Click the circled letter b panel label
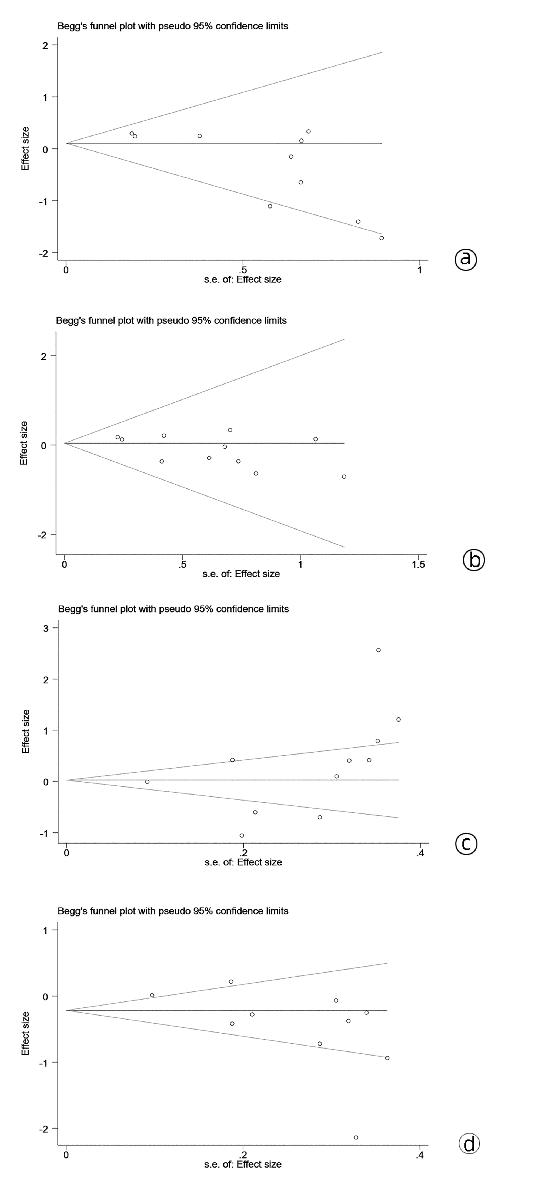tap(474, 560)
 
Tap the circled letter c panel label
tap(466, 844)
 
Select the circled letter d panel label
tap(469, 1143)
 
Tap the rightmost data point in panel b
tap(344, 477)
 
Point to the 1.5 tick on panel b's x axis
tap(418, 564)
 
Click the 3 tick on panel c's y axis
tap(45, 628)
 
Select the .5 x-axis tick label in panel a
tap(243, 270)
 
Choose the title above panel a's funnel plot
tap(173, 26)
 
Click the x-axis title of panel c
tap(243, 862)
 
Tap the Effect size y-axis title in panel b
tap(24, 443)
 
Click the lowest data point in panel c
tap(242, 835)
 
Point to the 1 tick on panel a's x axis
tap(419, 270)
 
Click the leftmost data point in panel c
tap(147, 782)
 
